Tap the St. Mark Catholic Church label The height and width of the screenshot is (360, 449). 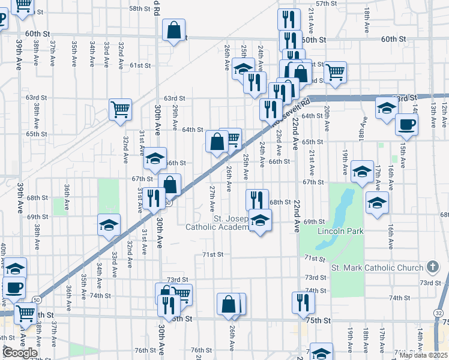click(377, 268)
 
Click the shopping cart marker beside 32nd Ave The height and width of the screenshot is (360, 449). click(120, 110)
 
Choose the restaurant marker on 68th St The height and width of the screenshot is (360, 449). click(258, 199)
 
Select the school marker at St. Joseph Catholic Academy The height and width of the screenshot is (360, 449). click(260, 221)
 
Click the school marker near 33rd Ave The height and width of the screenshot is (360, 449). click(109, 225)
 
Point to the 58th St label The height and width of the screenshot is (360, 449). click(139, 8)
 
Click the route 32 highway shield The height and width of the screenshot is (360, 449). click(439, 313)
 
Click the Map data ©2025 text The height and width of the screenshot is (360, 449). click(424, 355)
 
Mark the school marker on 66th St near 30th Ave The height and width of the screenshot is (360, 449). click(155, 159)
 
